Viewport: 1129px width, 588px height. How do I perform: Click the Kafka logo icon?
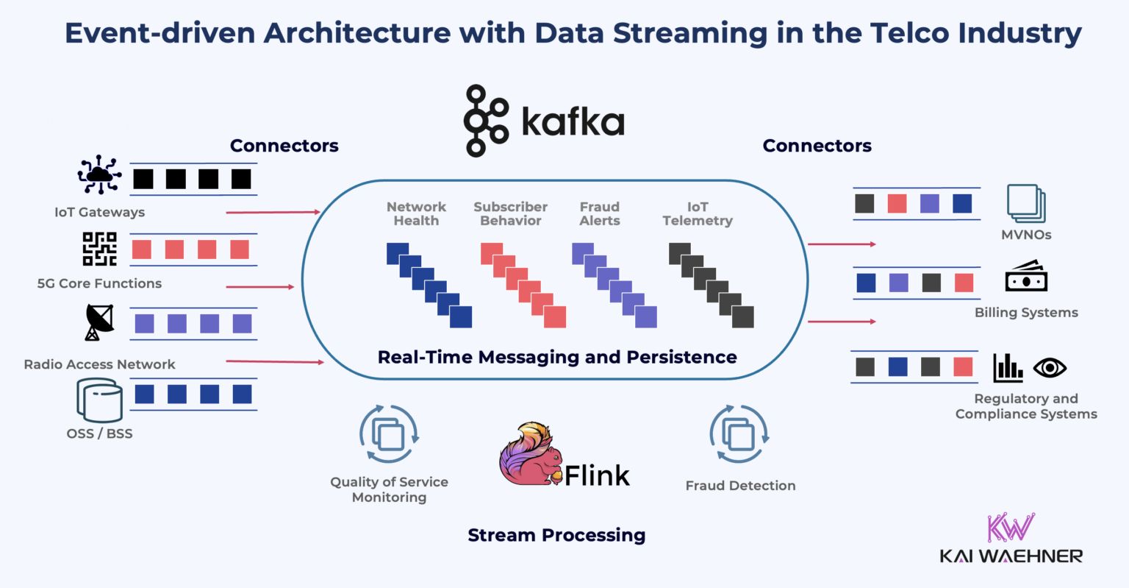point(486,121)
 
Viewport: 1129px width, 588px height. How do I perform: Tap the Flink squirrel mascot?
point(530,456)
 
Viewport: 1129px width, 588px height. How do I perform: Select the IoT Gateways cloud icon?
point(99,175)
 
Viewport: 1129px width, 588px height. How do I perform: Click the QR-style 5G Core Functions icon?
point(99,249)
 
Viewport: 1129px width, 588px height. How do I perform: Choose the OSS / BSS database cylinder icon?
point(99,400)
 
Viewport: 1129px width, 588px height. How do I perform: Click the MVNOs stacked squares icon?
point(1026,203)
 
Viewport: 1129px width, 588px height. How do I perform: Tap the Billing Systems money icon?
point(1026,277)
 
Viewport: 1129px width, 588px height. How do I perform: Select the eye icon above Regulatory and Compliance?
point(1050,367)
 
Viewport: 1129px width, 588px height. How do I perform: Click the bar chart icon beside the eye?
point(1008,367)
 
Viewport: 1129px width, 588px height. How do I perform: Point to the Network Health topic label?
point(416,213)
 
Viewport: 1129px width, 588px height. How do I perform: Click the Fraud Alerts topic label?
point(600,213)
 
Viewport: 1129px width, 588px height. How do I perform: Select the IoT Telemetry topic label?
point(698,213)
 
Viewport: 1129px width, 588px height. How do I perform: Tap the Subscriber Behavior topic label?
point(510,213)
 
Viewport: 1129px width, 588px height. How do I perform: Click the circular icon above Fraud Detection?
point(739,434)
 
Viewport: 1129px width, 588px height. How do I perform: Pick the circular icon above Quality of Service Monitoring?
point(389,434)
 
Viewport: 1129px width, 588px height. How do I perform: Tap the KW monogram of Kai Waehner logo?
point(1011,528)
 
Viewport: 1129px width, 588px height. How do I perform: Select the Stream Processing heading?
point(556,535)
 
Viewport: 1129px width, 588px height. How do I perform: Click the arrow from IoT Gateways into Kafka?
point(273,212)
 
